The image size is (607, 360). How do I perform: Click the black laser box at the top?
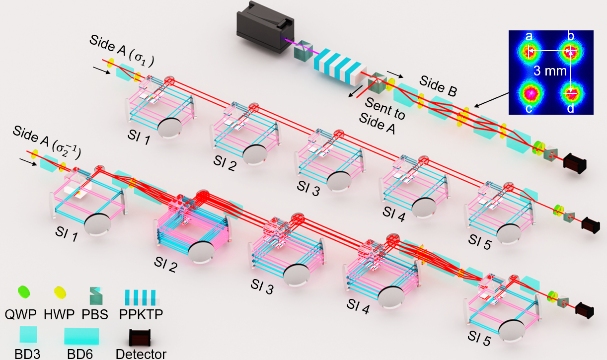tap(265, 27)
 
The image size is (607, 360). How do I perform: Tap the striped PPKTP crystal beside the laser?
tap(340, 67)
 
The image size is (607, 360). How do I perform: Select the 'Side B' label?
tap(438, 86)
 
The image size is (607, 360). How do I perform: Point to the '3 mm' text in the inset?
tap(550, 71)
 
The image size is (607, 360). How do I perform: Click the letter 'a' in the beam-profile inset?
tap(529, 36)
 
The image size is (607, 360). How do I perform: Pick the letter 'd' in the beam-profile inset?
tap(570, 108)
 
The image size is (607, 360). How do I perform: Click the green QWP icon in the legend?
tap(24, 292)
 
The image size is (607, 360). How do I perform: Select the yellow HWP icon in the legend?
tap(60, 292)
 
